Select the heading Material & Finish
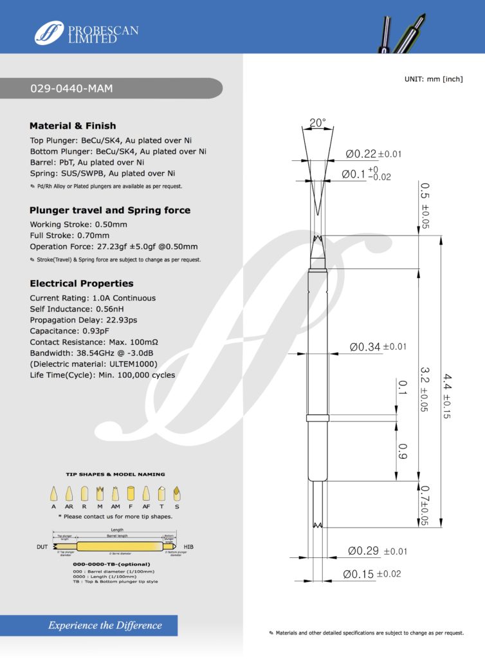pos(73,125)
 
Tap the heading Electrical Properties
pos(82,283)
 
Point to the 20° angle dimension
pos(317,122)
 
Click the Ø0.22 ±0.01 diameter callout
pos(374,154)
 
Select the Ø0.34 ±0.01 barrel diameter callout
pos(378,347)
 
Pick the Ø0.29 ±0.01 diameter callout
pos(378,552)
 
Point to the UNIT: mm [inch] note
pos(434,79)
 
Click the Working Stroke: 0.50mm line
pos(78,225)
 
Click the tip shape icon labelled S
pos(177,494)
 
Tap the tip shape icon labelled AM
pos(115,494)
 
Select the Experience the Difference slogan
pos(105,625)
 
